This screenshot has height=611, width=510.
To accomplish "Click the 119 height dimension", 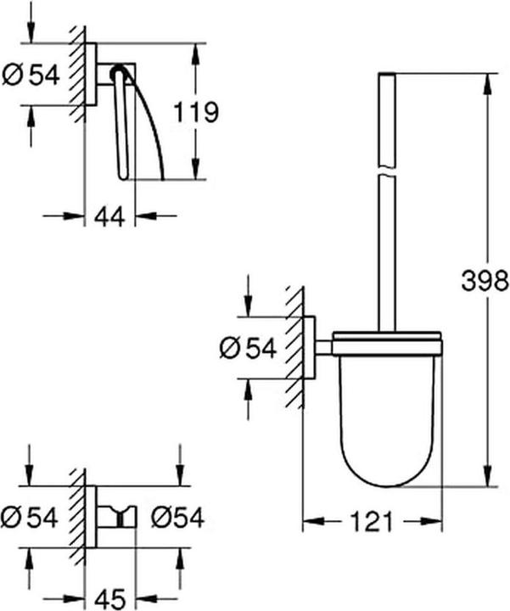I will pyautogui.click(x=195, y=111).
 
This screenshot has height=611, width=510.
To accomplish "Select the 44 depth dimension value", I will pyautogui.click(x=110, y=216).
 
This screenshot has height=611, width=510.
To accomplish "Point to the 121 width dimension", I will pyautogui.click(x=373, y=519).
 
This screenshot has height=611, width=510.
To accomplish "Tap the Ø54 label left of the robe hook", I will pyautogui.click(x=31, y=515).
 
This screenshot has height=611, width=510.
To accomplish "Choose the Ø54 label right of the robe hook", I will pyautogui.click(x=177, y=515).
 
